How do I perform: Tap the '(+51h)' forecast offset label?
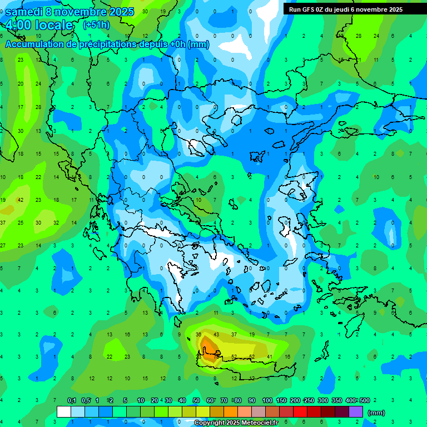click(x=96, y=24)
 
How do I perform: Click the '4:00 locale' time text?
click(x=38, y=25)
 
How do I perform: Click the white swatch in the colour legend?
click(x=64, y=412)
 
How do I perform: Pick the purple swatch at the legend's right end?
click(x=356, y=412)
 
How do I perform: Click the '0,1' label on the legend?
click(x=71, y=400)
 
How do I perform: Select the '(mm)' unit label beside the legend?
click(x=376, y=413)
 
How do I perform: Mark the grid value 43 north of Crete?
click(x=216, y=334)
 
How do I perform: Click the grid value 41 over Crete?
click(x=270, y=356)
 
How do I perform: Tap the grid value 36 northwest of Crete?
click(x=198, y=334)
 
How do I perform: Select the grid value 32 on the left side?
click(x=56, y=222)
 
